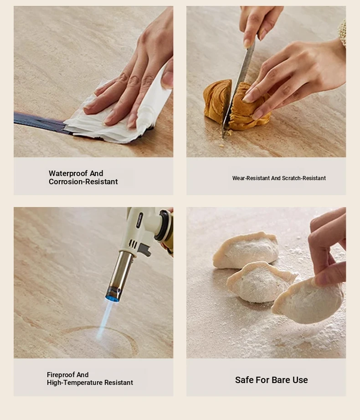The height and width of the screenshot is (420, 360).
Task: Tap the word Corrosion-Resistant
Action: [83, 181]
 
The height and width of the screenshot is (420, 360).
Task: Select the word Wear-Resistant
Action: [251, 178]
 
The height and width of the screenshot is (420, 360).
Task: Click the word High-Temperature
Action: [75, 383]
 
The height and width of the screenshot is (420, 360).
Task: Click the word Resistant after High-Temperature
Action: [118, 383]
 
